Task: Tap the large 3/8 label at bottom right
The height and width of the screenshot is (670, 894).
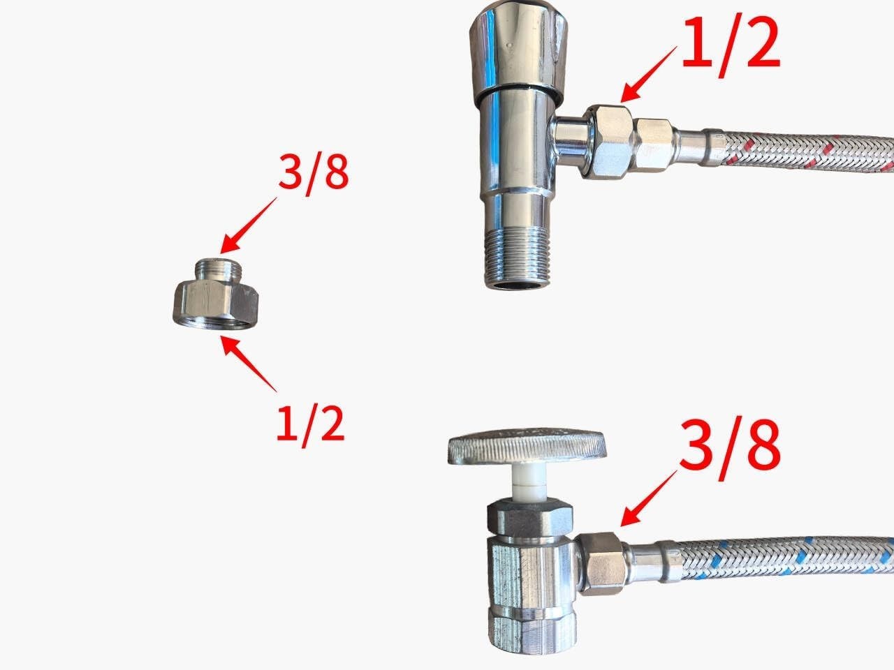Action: [731, 445]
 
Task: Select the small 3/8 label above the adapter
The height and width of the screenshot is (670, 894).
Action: [313, 174]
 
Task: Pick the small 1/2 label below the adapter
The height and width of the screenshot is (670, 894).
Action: [311, 424]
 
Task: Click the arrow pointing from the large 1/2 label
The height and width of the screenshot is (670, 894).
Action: [650, 73]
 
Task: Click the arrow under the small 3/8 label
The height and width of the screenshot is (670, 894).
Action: [248, 225]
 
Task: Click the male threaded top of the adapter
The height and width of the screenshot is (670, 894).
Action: [217, 268]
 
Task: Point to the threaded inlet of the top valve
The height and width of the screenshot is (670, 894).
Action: [516, 262]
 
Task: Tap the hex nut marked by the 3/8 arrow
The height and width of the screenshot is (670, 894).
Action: [601, 561]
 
